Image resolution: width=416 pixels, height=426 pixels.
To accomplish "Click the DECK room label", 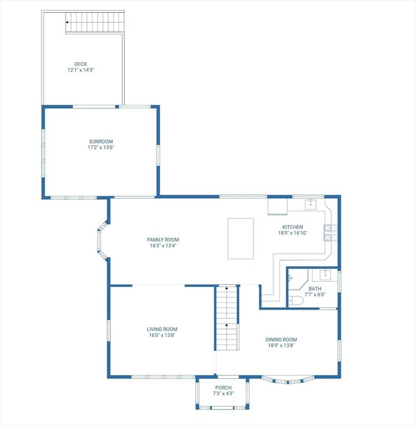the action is point(80,64).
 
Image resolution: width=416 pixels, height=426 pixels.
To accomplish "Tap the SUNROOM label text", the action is point(101,141).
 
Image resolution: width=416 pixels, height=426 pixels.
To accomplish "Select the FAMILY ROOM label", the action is point(163,240).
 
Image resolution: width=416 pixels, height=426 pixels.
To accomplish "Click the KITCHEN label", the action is point(293,227).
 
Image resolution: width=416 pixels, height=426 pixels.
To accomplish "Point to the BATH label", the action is point(315,288).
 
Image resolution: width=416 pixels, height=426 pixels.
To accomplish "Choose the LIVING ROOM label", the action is point(162,329).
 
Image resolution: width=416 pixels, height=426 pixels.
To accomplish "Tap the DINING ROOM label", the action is point(281,339).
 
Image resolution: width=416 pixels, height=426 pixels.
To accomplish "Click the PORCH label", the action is point(224,388).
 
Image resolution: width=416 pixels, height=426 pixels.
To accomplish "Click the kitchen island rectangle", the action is point(241,239).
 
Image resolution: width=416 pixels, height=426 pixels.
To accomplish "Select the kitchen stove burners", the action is point(331,233).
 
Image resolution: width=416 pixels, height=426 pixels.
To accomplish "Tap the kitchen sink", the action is point(311,204).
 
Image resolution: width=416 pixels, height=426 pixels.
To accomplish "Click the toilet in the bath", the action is point(296,301).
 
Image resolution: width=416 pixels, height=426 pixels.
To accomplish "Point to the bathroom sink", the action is point(325,275).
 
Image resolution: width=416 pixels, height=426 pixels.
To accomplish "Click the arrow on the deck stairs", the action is point(67,22).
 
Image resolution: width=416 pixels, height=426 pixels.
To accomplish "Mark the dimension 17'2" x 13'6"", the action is point(101,148).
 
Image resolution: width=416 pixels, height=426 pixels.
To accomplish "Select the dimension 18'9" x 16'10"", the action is point(293,233).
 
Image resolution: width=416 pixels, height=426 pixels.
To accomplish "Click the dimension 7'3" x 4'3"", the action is point(224,393).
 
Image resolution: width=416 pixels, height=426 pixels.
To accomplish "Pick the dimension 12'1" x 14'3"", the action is point(80,70).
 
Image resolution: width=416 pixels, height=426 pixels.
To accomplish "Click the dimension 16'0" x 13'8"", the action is point(162,335).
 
